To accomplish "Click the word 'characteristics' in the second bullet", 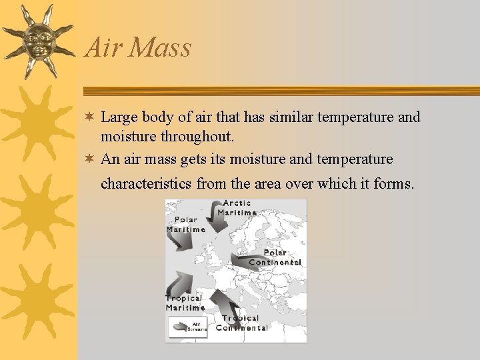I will click(x=146, y=183).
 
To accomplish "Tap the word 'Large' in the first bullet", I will click(x=119, y=117).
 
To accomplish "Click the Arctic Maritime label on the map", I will click(x=237, y=207).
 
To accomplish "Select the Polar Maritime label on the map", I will click(x=185, y=225).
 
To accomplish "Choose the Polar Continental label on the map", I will click(x=275, y=257).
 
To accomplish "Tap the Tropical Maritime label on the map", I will click(x=185, y=303).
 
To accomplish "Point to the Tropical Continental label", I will click(x=241, y=323).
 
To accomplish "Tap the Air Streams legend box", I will click(x=187, y=327).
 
